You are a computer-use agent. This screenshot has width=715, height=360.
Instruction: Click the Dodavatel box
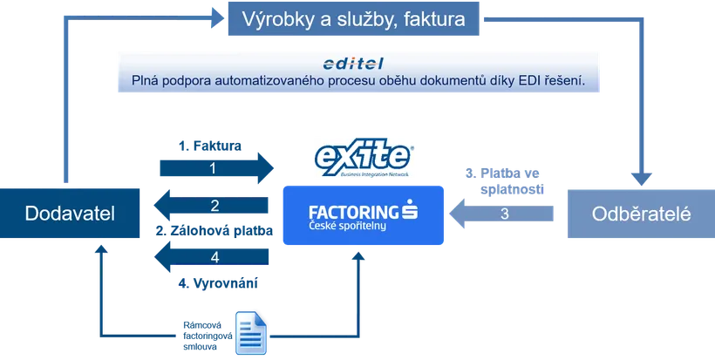(x=69, y=213)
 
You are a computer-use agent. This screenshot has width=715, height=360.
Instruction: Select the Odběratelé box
(x=641, y=214)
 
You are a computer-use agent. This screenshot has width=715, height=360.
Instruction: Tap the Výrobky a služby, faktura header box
(x=353, y=18)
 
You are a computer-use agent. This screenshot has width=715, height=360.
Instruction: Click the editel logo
(x=353, y=64)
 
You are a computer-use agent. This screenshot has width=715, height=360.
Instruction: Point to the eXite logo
(x=364, y=157)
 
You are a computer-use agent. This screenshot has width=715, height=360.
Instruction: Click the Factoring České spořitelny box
(x=364, y=215)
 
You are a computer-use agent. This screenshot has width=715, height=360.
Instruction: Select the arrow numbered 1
(x=216, y=168)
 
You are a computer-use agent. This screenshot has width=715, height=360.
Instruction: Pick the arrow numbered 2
(x=211, y=206)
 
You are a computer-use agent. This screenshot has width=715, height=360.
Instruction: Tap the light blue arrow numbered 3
(x=501, y=214)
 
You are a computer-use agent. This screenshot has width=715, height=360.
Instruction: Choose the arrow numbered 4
(x=211, y=257)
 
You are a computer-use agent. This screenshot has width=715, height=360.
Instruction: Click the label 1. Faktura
(x=210, y=146)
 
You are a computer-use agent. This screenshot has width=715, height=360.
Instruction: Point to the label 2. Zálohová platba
(x=214, y=231)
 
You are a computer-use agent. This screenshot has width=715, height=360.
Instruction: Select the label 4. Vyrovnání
(x=218, y=283)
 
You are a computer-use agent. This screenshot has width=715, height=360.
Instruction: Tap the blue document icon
(x=251, y=333)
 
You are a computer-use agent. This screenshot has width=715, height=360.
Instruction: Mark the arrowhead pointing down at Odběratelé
(x=641, y=179)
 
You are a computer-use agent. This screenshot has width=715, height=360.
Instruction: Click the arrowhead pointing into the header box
(x=218, y=18)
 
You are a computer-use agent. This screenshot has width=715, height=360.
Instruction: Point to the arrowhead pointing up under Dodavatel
(x=101, y=248)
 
